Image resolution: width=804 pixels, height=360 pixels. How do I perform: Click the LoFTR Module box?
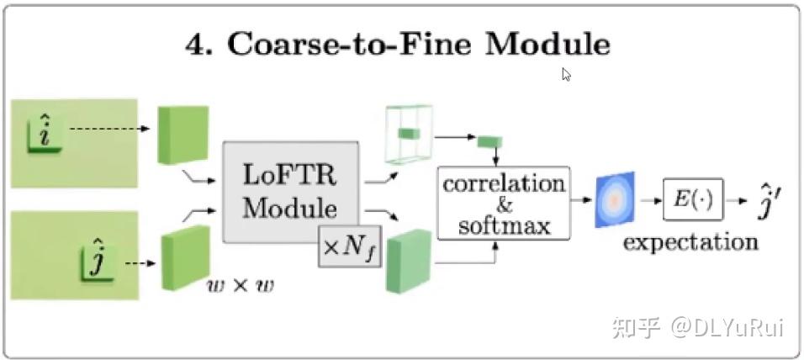point(290,192)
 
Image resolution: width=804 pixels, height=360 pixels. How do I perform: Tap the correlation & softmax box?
point(503,203)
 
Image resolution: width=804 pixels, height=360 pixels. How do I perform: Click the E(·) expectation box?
point(693,199)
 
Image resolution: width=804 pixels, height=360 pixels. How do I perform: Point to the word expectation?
point(690,242)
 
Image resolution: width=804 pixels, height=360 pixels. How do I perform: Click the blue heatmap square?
point(615,199)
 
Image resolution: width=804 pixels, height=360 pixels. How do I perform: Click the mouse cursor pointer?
point(566,74)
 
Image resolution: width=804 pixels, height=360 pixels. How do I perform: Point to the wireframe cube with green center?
point(409,134)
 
